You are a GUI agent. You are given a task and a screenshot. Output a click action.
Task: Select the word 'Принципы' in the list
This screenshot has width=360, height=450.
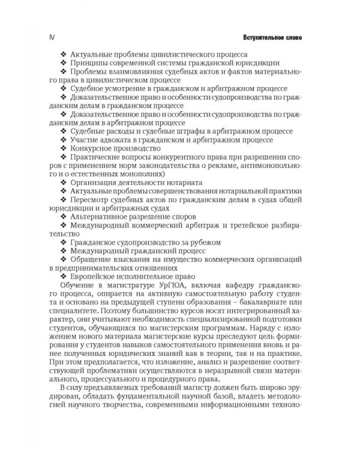pos(90,62)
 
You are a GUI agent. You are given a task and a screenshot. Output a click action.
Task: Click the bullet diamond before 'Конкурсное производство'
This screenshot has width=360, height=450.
pos(65,149)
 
